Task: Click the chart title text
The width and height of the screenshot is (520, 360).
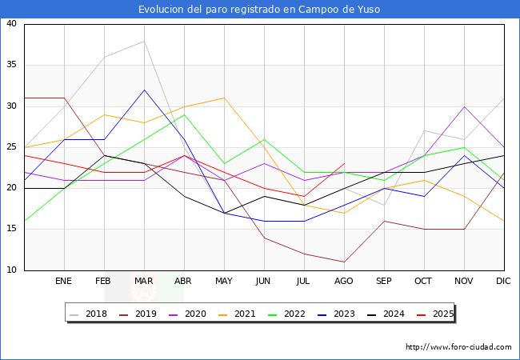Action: [259, 10]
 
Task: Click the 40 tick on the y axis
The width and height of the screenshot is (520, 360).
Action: [12, 24]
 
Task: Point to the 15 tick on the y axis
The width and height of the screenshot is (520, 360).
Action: [12, 230]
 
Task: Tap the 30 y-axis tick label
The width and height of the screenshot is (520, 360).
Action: [12, 106]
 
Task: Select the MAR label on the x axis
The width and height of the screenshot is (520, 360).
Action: [144, 282]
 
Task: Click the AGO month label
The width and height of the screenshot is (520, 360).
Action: [344, 282]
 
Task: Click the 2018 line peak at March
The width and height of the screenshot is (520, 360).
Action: [144, 41]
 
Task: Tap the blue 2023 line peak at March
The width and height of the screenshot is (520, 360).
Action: [144, 90]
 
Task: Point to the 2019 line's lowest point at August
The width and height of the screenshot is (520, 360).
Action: [344, 262]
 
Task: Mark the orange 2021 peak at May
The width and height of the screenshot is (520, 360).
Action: [224, 98]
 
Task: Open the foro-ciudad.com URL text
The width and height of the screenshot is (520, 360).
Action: [458, 347]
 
